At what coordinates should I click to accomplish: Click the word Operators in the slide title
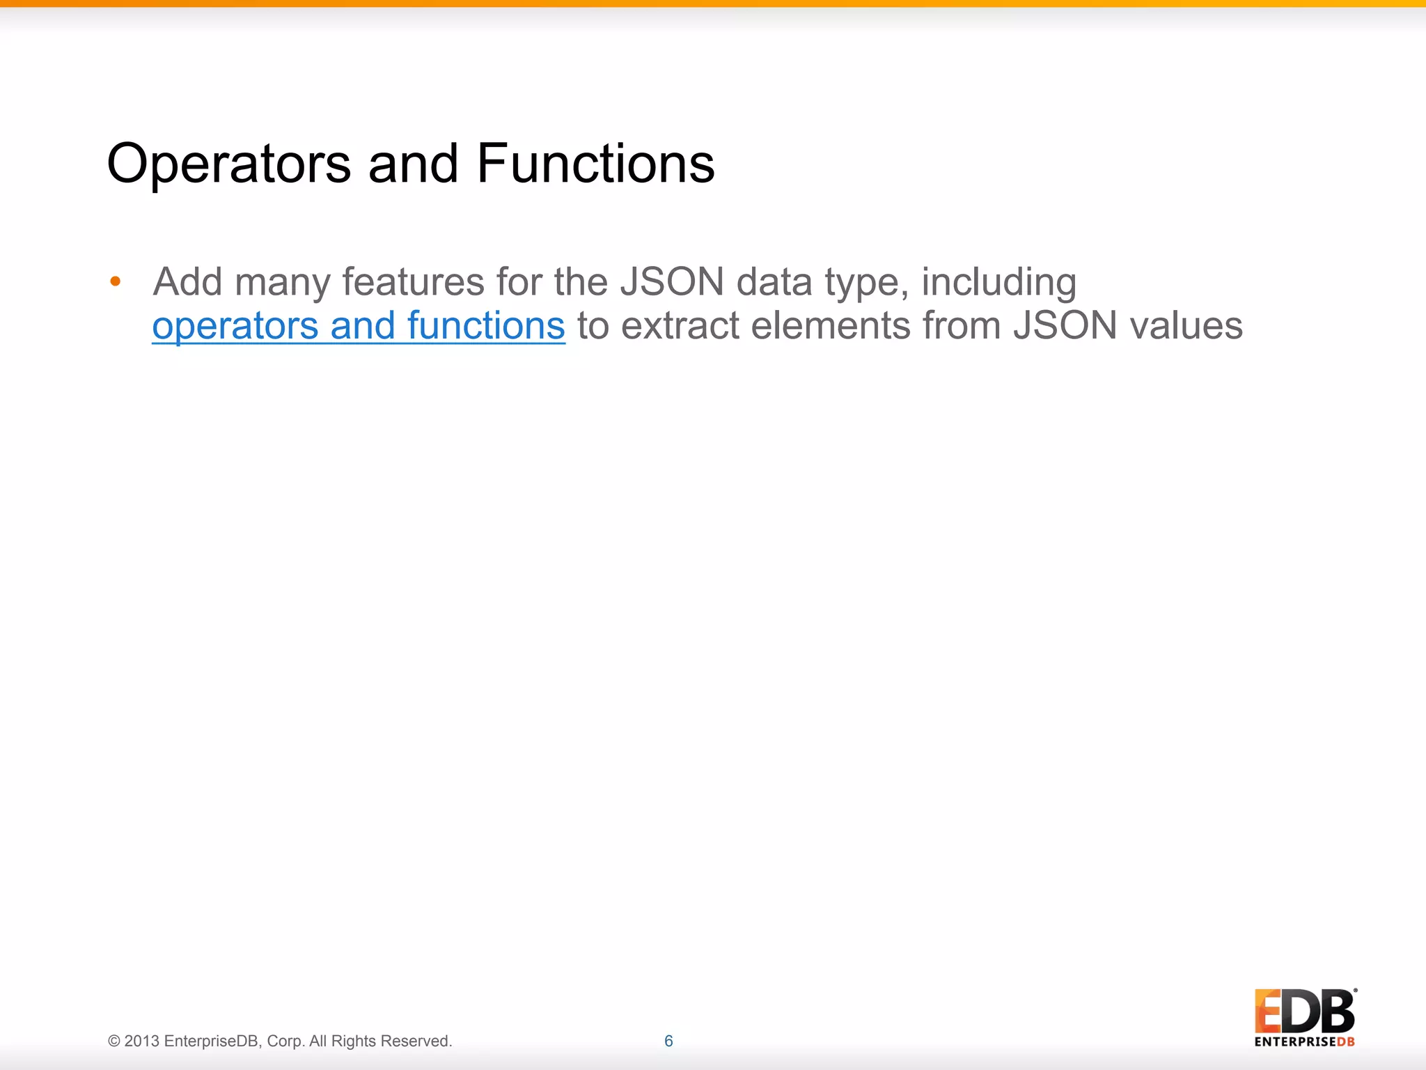tap(229, 164)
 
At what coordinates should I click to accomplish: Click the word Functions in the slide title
tap(595, 164)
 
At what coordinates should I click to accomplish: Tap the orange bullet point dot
tap(116, 281)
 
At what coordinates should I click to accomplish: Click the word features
tap(413, 282)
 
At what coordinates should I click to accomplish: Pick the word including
tap(998, 284)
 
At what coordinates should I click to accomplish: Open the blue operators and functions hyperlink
tap(359, 326)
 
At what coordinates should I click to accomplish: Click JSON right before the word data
tap(672, 282)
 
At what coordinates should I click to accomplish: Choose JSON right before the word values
tap(1065, 326)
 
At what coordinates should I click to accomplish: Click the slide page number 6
tap(668, 1041)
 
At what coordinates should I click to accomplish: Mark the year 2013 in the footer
tap(142, 1041)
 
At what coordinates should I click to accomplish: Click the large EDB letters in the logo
tap(1304, 1011)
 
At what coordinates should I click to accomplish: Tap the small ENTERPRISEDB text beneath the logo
tap(1304, 1042)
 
